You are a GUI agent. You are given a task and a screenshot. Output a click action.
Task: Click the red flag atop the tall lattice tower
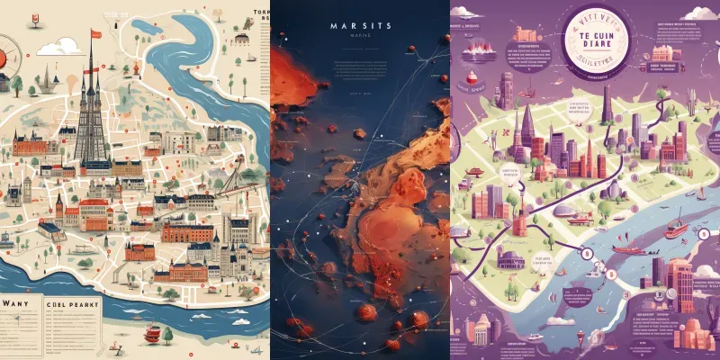point(94,34)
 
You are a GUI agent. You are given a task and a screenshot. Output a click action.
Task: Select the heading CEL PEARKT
point(69,304)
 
